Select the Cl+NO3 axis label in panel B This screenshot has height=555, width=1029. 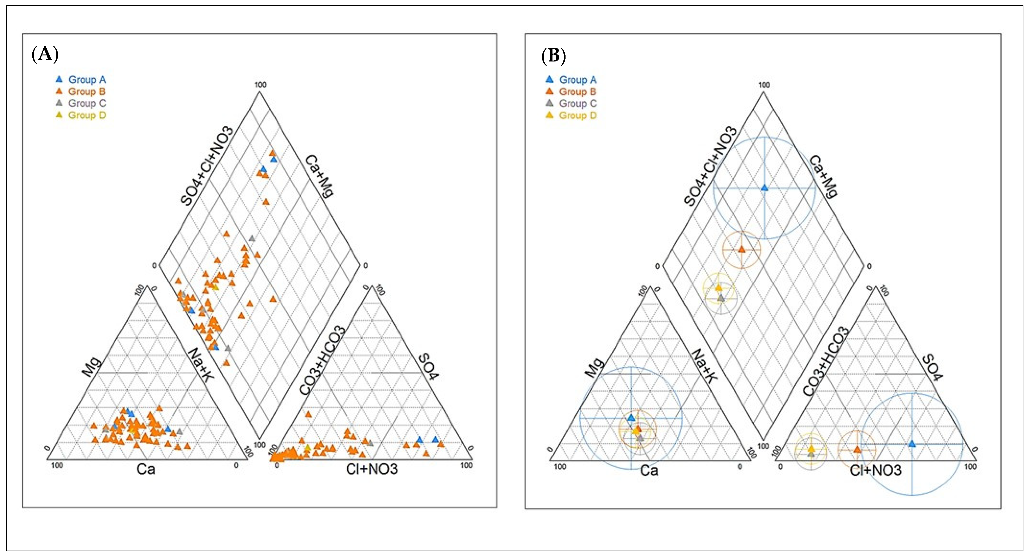tap(875, 470)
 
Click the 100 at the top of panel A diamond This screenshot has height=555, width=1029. tap(260, 85)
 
